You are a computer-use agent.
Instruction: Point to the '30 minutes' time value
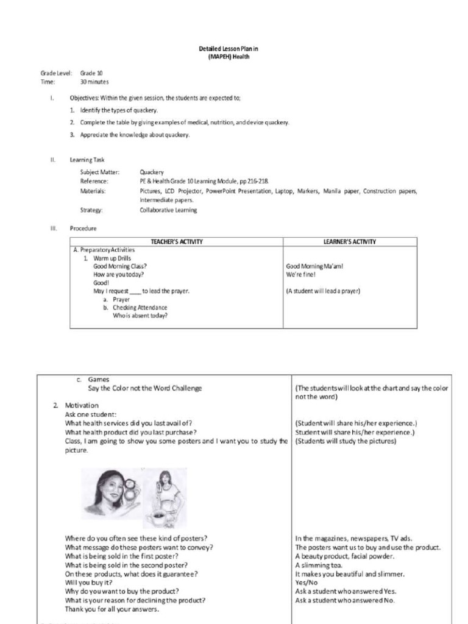[x=94, y=82]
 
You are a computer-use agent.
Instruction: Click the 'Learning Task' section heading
[x=87, y=160]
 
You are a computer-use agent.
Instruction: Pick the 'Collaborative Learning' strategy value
[x=168, y=210]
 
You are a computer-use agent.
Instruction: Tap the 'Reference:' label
[x=94, y=182]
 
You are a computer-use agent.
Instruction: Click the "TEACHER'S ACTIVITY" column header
[x=177, y=242]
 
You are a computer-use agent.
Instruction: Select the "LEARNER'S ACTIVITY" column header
[x=349, y=242]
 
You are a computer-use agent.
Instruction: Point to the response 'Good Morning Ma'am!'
[x=319, y=266]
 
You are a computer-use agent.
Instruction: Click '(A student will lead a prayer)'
[x=323, y=291]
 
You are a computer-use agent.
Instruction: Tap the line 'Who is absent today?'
[x=140, y=316]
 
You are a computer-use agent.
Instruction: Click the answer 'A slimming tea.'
[x=319, y=565]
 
